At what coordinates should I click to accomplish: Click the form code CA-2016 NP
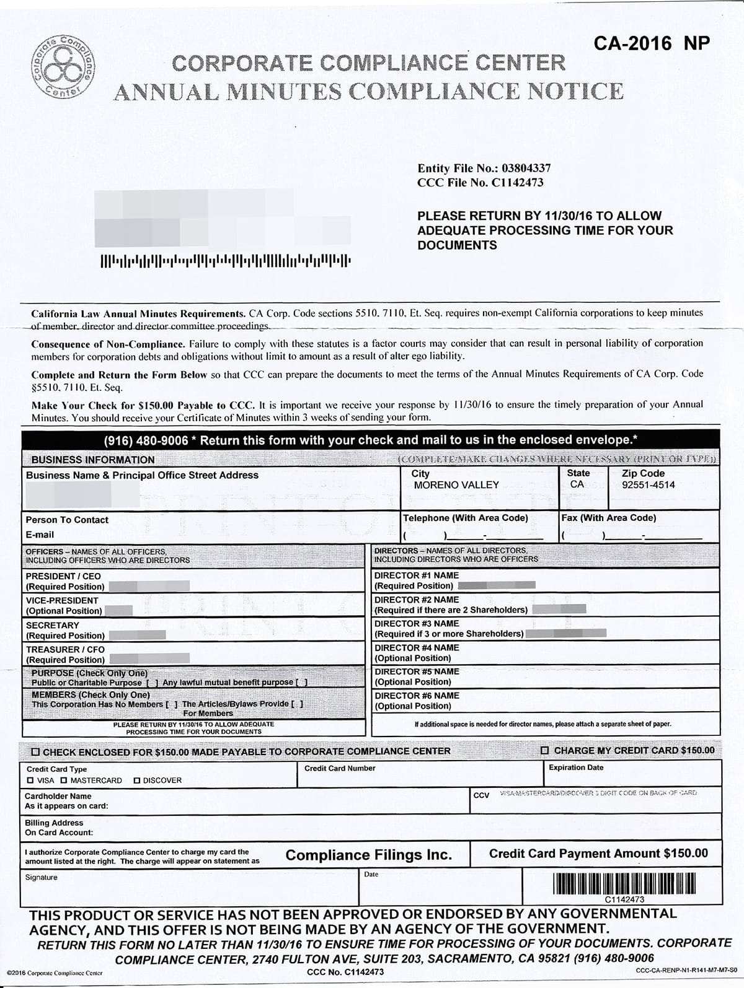[651, 43]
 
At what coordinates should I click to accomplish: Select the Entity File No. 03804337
[484, 168]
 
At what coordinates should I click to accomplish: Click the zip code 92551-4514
[649, 485]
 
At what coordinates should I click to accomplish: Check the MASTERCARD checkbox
[64, 780]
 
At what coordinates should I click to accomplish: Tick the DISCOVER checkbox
[137, 780]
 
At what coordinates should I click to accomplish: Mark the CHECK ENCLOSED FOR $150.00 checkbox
[36, 751]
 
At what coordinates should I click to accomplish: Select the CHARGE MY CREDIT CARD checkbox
[545, 751]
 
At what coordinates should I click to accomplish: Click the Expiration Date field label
[576, 767]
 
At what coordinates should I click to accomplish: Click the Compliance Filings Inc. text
[368, 855]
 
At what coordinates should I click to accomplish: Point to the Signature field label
[41, 877]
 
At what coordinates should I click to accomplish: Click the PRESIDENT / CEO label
[63, 576]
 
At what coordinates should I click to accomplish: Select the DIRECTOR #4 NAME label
[417, 648]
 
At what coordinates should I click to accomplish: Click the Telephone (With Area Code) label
[466, 518]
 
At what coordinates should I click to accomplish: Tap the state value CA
[577, 484]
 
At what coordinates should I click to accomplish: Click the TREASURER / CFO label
[65, 649]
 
